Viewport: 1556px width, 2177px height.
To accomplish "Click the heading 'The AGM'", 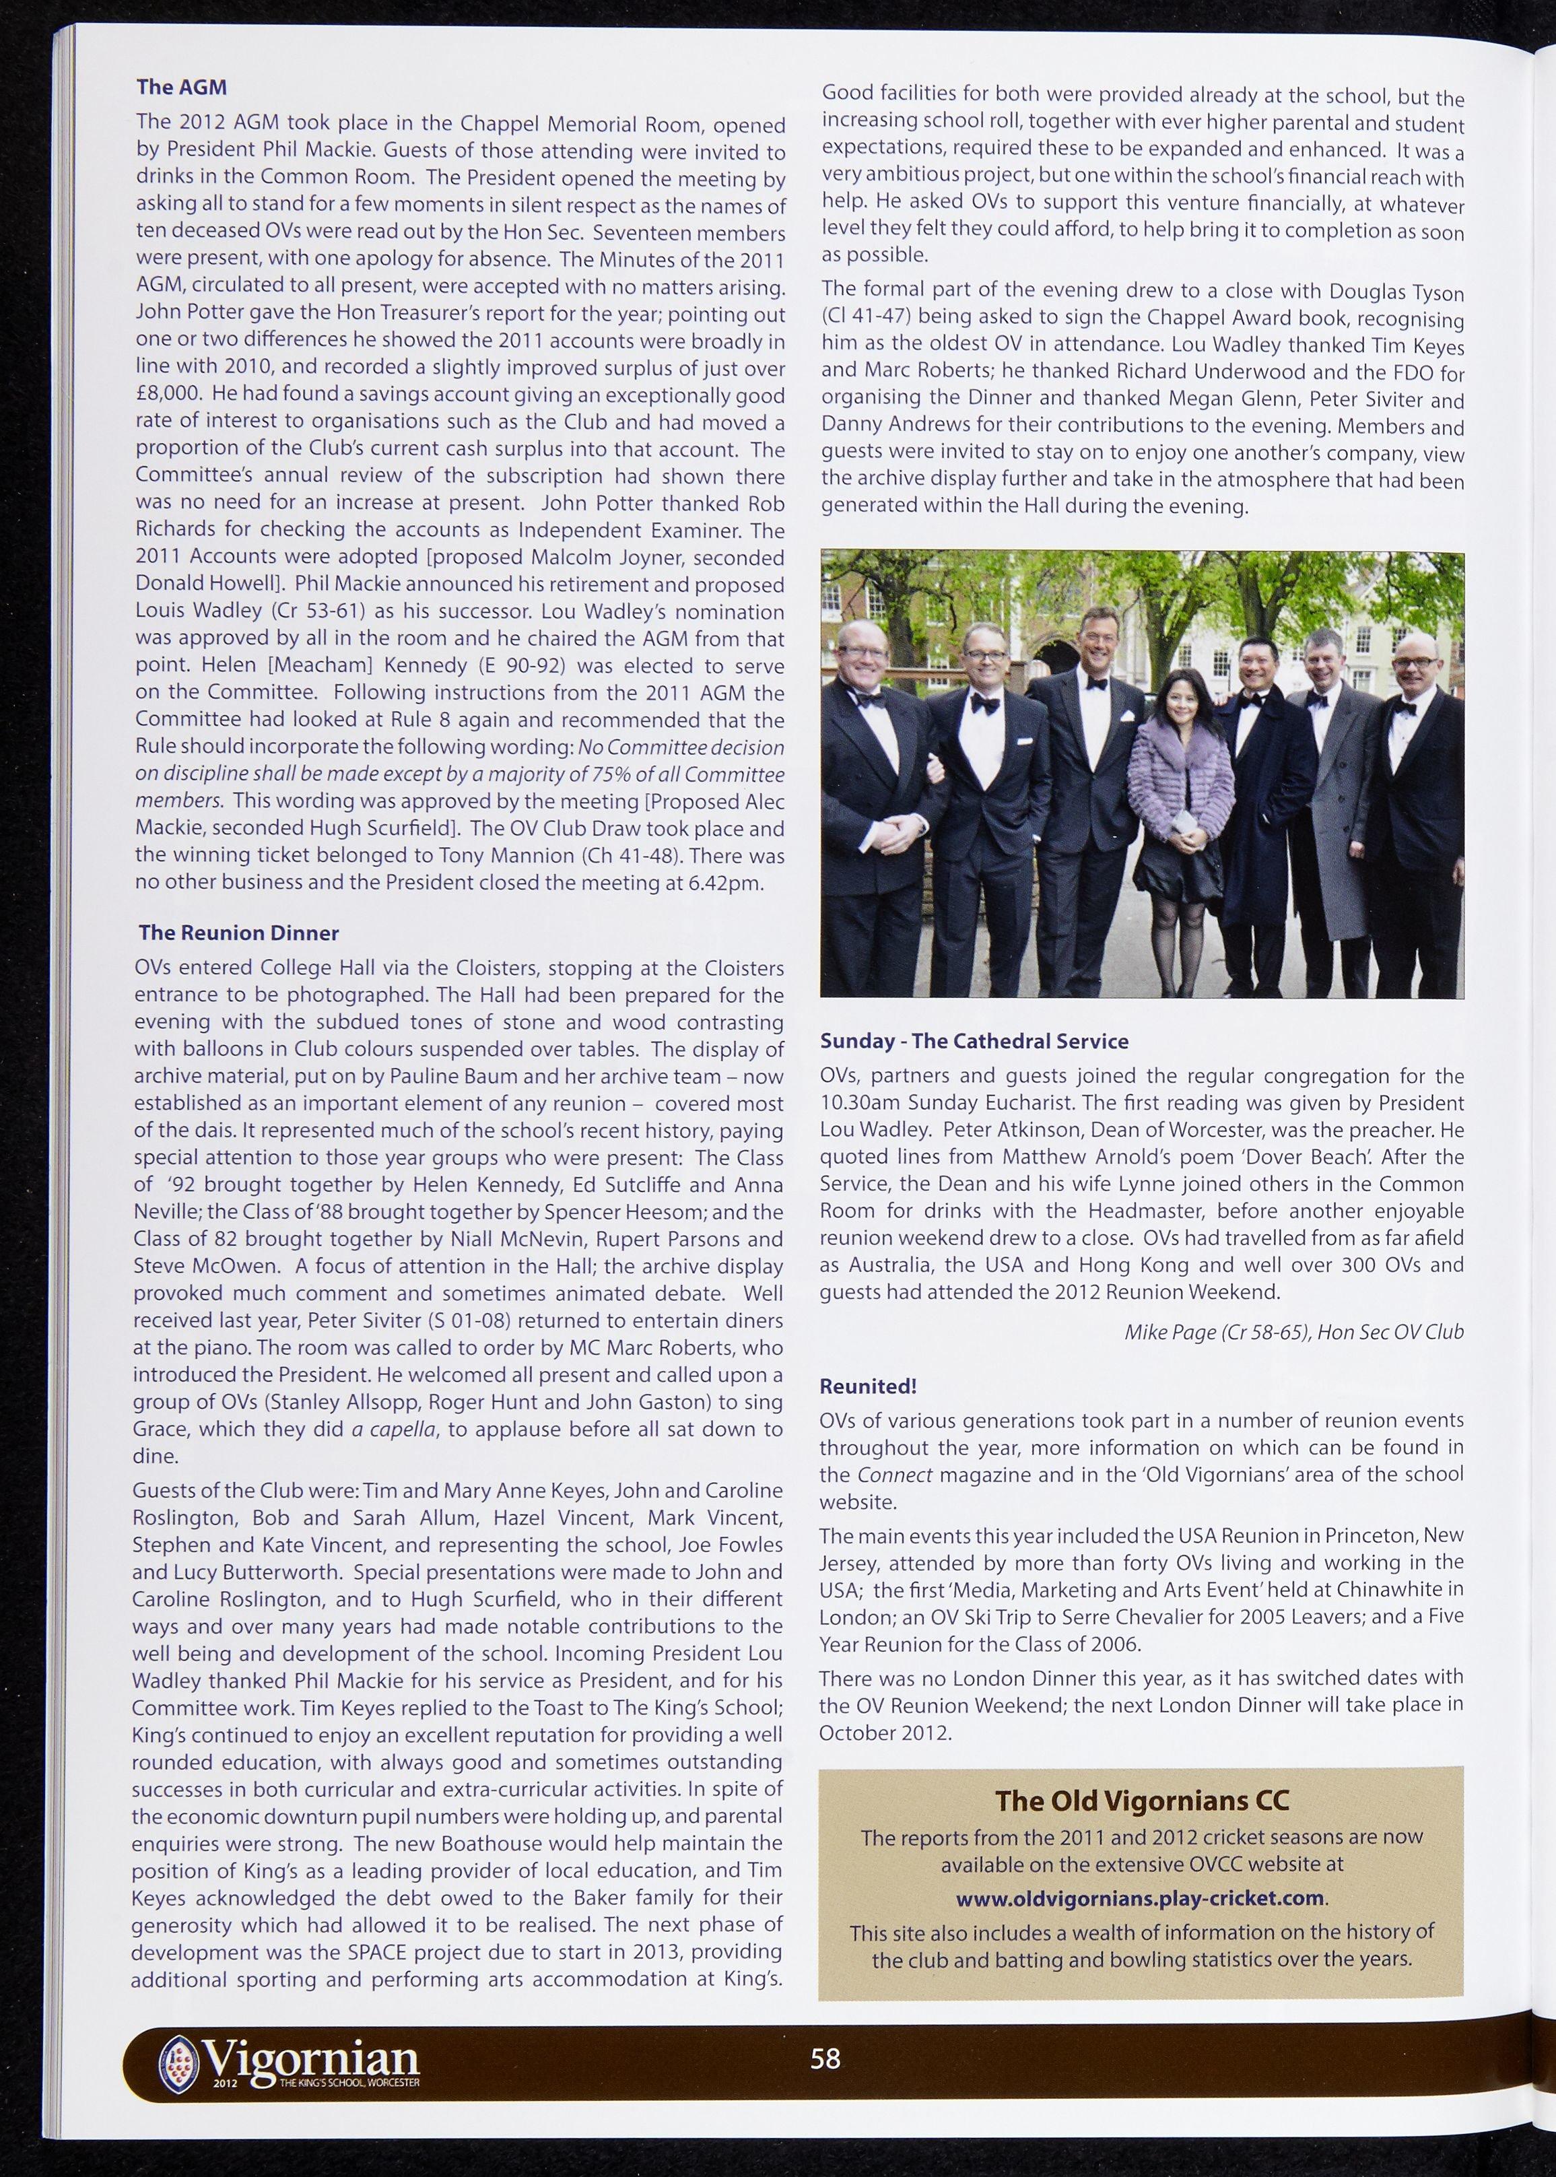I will coord(181,87).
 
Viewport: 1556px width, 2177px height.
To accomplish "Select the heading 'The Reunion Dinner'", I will coord(238,933).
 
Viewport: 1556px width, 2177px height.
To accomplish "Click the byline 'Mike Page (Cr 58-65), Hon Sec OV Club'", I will coord(1293,1332).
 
